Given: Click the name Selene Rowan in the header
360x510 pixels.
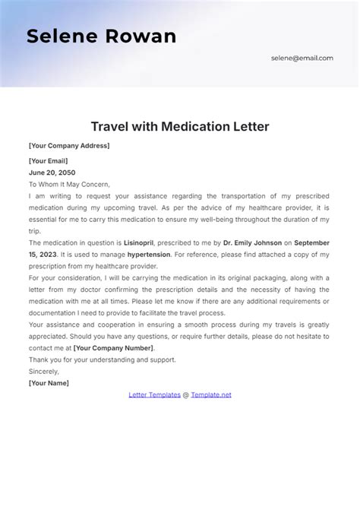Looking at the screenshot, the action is [x=101, y=36].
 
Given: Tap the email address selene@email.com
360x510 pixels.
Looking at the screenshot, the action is [x=302, y=58].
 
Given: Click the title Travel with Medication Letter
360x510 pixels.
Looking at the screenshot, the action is [x=179, y=125].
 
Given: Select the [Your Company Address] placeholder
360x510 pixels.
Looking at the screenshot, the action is [x=69, y=146].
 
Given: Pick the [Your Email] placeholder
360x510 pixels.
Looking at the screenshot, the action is [x=48, y=161].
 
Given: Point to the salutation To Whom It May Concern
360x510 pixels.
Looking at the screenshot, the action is [x=69, y=184].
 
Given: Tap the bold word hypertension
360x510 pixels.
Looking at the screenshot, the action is [x=149, y=255].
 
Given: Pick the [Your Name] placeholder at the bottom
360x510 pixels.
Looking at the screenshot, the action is [x=49, y=383].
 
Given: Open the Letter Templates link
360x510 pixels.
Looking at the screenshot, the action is [x=154, y=394].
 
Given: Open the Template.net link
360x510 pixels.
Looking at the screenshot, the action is [x=211, y=394].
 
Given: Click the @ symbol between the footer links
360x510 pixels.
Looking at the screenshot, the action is [x=185, y=394].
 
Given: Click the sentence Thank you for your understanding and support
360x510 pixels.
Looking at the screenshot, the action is [x=102, y=360].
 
